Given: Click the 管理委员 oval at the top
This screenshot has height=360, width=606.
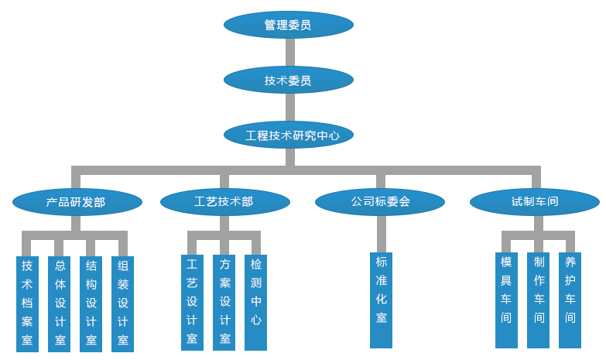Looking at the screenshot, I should (288, 25).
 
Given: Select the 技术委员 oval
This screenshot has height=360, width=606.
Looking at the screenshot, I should (288, 80).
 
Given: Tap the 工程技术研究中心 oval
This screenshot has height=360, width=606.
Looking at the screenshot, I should (288, 135).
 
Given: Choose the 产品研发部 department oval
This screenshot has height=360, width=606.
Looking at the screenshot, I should (77, 202).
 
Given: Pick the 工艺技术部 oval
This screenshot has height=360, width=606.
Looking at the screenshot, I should (224, 202).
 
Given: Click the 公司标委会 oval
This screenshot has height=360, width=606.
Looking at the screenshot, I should (380, 202).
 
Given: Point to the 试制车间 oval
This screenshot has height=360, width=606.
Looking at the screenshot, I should (534, 202).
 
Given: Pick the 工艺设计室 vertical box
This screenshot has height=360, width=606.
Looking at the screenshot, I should (192, 302).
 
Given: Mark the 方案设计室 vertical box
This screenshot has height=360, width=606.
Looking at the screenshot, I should (224, 302).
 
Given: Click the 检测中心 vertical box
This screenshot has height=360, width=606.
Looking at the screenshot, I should (256, 302).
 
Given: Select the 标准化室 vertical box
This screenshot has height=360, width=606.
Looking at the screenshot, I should (381, 300).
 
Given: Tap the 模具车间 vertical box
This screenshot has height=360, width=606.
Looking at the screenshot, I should (506, 300).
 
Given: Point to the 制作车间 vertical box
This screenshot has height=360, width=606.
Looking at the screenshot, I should (539, 300).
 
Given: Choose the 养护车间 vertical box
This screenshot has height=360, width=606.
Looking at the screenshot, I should (570, 300).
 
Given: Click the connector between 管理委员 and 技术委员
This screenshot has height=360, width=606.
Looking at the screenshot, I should (290, 52).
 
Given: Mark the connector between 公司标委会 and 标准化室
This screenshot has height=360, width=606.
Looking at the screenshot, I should (381, 234).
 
